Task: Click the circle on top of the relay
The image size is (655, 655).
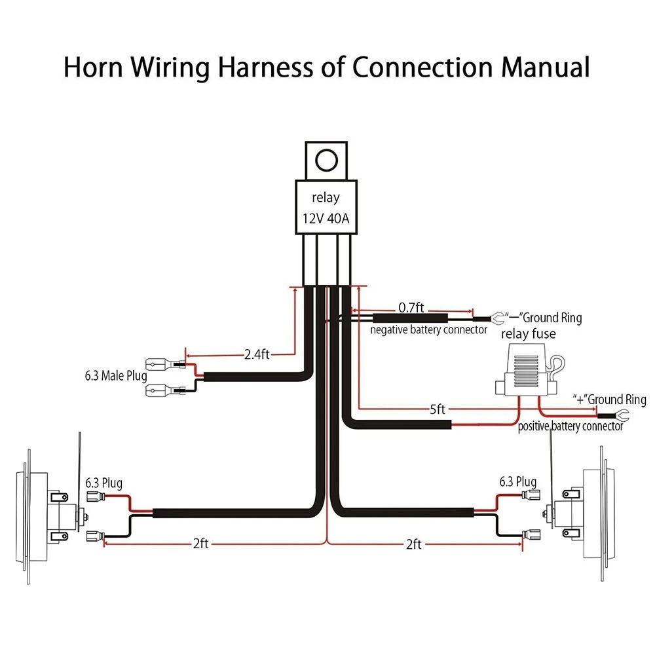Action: click(326, 160)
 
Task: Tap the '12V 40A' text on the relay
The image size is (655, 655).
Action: click(326, 219)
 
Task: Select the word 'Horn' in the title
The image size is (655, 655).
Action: click(93, 67)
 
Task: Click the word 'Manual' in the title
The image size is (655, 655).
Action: click(545, 67)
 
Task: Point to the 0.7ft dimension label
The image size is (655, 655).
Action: click(411, 308)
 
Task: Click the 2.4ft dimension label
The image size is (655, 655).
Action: click(257, 354)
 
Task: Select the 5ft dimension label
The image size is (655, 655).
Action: click(438, 409)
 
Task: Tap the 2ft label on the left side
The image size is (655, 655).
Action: click(200, 544)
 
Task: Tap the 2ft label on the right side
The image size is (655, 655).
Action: click(413, 544)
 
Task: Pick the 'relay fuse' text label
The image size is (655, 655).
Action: click(529, 334)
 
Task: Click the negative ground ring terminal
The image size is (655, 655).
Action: click(496, 319)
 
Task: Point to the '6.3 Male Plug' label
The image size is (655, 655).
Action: click(116, 376)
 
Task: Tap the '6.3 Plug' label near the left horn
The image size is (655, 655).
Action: click(103, 483)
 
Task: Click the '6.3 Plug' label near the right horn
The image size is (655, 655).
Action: click(518, 481)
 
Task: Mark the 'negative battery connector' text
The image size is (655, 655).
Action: click(428, 330)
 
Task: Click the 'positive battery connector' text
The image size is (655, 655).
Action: click(571, 426)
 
